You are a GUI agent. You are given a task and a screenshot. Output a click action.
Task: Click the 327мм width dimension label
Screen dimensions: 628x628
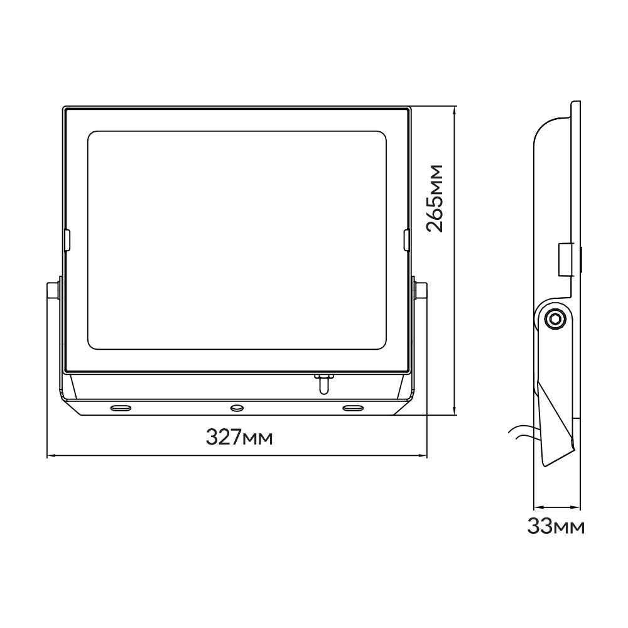[239, 437]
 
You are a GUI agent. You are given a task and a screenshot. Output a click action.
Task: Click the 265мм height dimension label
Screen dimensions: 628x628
[435, 198]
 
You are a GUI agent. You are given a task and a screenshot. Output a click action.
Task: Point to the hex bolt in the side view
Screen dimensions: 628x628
[556, 319]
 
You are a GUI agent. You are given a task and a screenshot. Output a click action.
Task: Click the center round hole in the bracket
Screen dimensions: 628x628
[237, 408]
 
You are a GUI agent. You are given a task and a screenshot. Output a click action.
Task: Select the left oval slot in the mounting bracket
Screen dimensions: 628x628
[121, 408]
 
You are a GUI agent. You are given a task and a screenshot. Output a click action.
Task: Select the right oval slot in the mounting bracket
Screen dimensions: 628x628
[353, 408]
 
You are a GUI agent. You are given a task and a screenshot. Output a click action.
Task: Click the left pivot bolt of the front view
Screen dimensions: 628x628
[53, 290]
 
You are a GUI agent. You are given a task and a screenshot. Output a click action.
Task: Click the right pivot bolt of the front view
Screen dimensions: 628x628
[421, 290]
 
